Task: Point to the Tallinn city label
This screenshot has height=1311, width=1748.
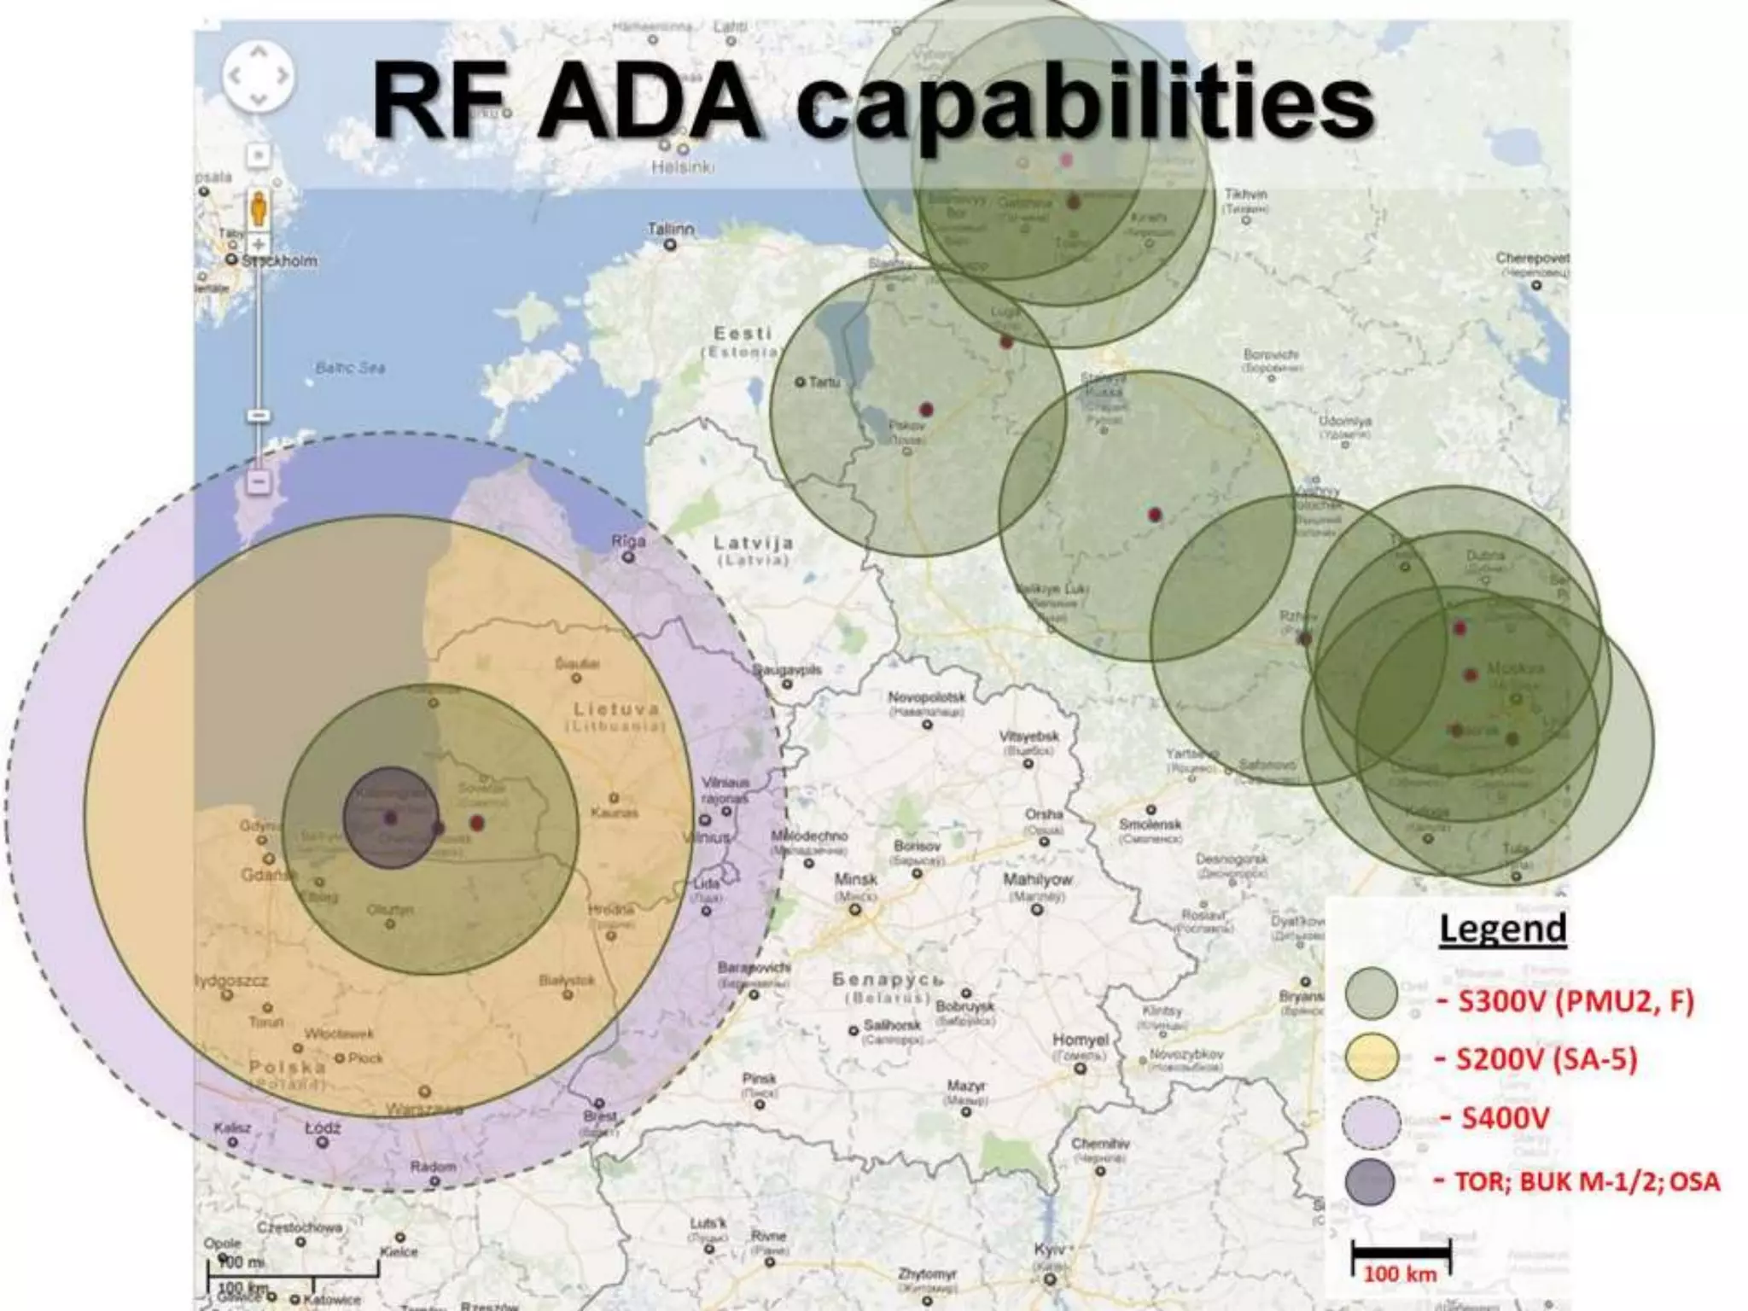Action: click(x=670, y=230)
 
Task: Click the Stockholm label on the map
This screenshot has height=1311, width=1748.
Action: click(x=279, y=260)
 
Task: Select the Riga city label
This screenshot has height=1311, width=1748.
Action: click(x=628, y=541)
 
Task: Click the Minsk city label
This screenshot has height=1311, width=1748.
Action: click(x=855, y=879)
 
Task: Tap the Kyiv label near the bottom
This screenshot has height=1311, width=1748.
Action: click(x=1049, y=1250)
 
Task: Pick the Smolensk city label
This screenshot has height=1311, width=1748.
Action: click(x=1151, y=824)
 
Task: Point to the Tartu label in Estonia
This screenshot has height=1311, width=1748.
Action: click(x=824, y=382)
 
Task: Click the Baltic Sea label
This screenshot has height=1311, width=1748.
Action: click(x=350, y=368)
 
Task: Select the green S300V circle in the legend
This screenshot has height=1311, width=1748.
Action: click(x=1371, y=993)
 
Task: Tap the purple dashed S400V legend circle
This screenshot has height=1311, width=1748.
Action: click(x=1371, y=1121)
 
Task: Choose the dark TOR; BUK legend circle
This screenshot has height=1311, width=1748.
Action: click(x=1370, y=1182)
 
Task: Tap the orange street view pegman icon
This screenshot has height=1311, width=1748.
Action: click(x=259, y=208)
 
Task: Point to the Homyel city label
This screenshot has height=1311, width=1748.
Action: click(x=1080, y=1040)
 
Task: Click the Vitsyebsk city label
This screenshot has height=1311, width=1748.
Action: click(x=1028, y=737)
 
